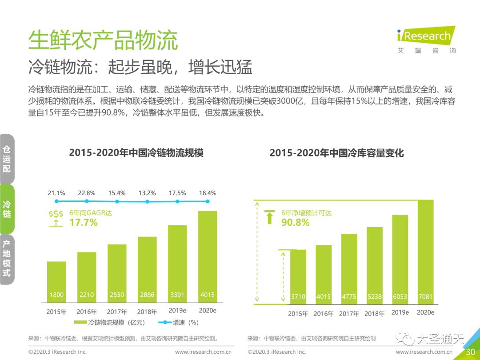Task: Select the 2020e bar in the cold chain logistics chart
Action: (x=208, y=256)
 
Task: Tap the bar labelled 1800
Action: (x=56, y=282)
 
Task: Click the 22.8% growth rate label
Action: (x=87, y=193)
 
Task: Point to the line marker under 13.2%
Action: (x=147, y=201)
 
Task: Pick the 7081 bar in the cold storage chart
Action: (x=425, y=252)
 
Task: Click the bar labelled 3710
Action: (x=298, y=277)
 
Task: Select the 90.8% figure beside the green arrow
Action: (x=296, y=223)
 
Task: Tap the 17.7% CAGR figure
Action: (x=84, y=223)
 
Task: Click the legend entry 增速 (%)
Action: (x=179, y=322)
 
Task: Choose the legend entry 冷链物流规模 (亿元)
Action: (x=109, y=322)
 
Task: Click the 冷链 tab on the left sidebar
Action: (x=7, y=209)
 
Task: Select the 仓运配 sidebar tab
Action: (x=7, y=159)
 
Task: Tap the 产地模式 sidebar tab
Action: (x=7, y=259)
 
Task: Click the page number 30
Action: (x=470, y=352)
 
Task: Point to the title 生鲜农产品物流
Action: (x=103, y=40)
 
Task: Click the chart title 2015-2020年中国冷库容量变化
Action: (x=337, y=152)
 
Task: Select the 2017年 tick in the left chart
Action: (x=117, y=312)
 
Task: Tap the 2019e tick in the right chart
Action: (x=400, y=312)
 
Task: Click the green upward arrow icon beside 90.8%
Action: (x=270, y=217)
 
